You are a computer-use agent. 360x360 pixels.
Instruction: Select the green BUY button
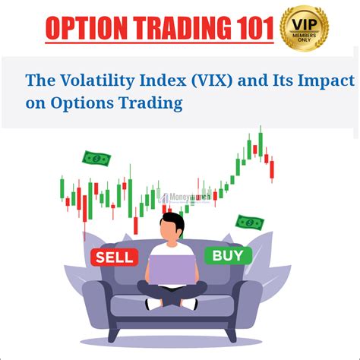228,256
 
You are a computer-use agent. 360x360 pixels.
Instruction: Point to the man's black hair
172,222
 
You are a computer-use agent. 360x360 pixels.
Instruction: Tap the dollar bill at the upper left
96,159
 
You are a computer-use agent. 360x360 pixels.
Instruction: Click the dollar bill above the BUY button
250,223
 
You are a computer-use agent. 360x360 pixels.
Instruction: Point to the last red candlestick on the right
272,169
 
